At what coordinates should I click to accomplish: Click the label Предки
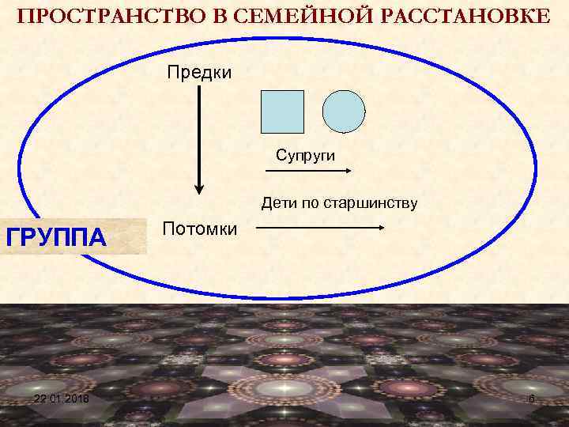pos(198,74)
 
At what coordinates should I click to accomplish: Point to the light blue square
pos(282,111)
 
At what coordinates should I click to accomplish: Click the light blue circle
pos(345,111)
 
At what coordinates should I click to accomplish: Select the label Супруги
pos(306,155)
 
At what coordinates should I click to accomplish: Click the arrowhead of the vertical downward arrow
pos(199,188)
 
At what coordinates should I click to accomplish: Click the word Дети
pos(279,204)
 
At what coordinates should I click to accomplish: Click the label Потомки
pos(199,229)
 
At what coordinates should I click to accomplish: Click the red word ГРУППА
pos(56,236)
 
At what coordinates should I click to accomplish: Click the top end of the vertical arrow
pos(199,88)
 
